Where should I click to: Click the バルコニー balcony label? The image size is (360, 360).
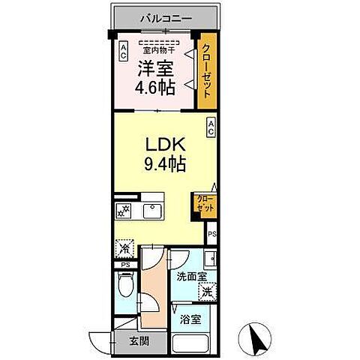click(x=164, y=17)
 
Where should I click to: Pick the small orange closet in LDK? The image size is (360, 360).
click(x=204, y=202)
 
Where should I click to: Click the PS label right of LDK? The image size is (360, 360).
click(x=212, y=234)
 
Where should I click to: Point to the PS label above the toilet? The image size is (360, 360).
click(x=123, y=265)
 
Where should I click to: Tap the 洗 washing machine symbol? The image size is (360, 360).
click(x=206, y=292)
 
